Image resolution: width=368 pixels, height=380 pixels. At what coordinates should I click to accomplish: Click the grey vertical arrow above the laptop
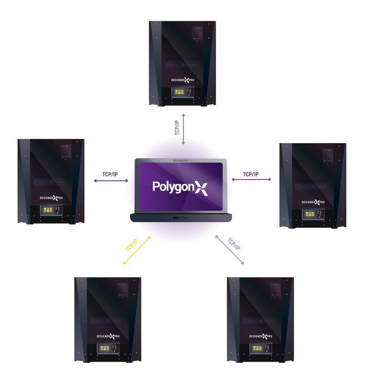click(x=183, y=129)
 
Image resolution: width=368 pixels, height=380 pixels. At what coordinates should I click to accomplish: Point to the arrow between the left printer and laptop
click(x=111, y=181)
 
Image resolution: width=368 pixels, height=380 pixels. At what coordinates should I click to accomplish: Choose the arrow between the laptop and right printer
click(x=251, y=180)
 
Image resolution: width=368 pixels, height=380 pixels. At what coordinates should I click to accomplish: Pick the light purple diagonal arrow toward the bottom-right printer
click(x=229, y=250)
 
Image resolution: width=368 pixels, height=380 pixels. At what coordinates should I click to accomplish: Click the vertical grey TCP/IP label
click(x=177, y=127)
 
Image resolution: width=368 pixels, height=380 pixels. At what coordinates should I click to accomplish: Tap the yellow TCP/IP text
click(x=131, y=245)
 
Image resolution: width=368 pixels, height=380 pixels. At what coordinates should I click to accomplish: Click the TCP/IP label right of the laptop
click(x=251, y=174)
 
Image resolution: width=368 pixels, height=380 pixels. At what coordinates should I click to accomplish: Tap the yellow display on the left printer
click(x=48, y=210)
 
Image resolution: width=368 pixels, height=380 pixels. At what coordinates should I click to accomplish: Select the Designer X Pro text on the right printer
click(x=313, y=202)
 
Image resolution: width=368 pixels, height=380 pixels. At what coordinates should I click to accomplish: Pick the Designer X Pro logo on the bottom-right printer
click(x=261, y=336)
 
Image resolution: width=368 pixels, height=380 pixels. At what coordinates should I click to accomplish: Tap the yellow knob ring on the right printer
click(x=319, y=213)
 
